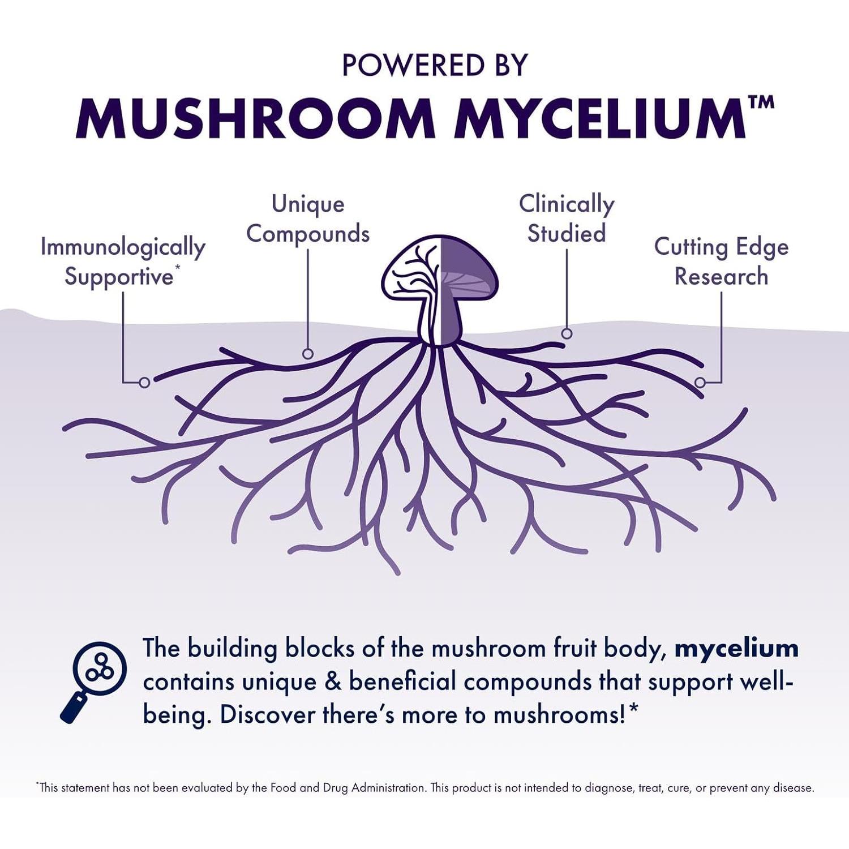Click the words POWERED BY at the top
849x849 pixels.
[x=435, y=66]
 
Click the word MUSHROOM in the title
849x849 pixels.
[x=255, y=119]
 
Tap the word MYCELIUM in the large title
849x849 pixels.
[x=600, y=119]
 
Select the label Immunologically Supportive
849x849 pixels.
[x=122, y=262]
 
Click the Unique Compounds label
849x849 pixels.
[x=308, y=219]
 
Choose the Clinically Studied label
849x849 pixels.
[x=567, y=219]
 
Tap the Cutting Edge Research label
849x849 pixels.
[x=721, y=262]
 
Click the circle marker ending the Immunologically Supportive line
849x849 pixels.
[x=144, y=383]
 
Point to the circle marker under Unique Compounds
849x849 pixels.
[x=308, y=354]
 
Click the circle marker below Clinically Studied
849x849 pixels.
[x=567, y=333]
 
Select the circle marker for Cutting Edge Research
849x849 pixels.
[x=700, y=383]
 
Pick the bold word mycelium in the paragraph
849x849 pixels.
[x=736, y=649]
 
